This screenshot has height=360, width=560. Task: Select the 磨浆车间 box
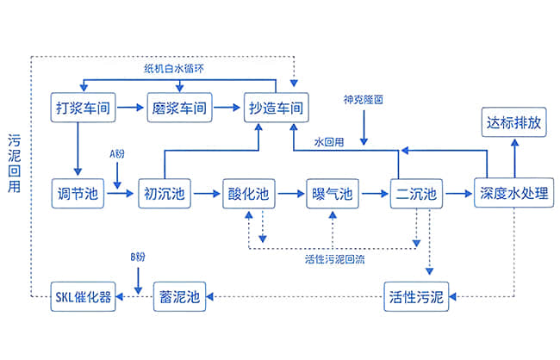(178, 108)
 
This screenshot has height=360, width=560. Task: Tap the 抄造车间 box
(276, 108)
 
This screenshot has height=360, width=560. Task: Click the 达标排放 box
(513, 123)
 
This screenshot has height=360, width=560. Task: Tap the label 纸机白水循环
(178, 66)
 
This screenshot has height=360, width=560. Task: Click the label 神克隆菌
(363, 100)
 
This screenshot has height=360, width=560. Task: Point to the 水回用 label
(330, 142)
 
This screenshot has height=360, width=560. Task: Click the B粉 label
(138, 257)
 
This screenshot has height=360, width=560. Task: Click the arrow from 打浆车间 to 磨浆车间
(129, 108)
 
